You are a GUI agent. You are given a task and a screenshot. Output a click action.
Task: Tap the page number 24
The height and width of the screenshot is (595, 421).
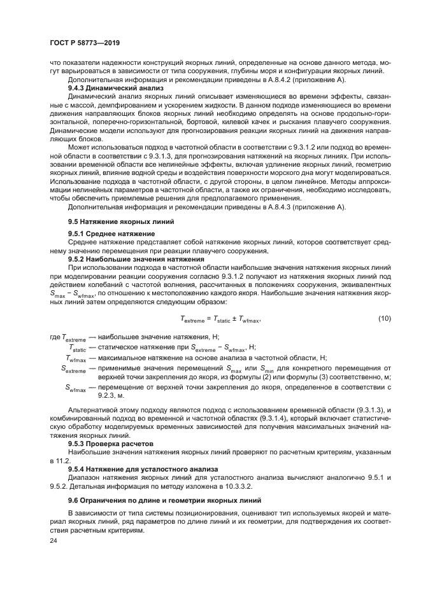tap(54, 540)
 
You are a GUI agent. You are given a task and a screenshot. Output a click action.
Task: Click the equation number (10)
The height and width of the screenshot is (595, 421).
tap(384, 318)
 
